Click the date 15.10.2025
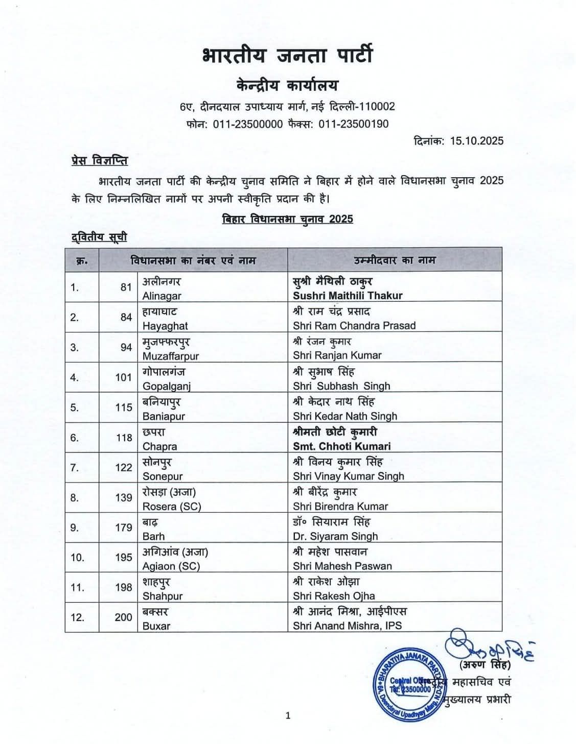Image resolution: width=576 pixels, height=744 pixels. (476, 141)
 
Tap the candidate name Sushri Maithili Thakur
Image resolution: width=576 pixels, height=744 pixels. (348, 296)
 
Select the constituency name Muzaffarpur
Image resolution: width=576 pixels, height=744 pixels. (171, 356)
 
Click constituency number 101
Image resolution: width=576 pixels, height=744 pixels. (123, 377)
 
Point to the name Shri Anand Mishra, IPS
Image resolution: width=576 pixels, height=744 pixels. (347, 626)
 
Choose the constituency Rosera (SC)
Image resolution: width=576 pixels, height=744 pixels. (172, 507)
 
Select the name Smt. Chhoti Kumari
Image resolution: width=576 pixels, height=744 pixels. (342, 446)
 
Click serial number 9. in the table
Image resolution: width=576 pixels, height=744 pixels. (75, 527)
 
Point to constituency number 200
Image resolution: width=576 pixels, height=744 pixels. (123, 617)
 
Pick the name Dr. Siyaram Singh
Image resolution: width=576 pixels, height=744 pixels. (335, 536)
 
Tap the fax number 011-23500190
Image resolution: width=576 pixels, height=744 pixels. (354, 124)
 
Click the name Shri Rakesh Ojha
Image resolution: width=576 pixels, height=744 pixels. (334, 596)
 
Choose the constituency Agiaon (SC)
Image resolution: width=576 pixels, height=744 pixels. (171, 566)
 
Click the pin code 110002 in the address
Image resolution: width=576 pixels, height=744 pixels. (378, 107)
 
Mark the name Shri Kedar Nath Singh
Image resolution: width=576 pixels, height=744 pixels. (345, 416)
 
